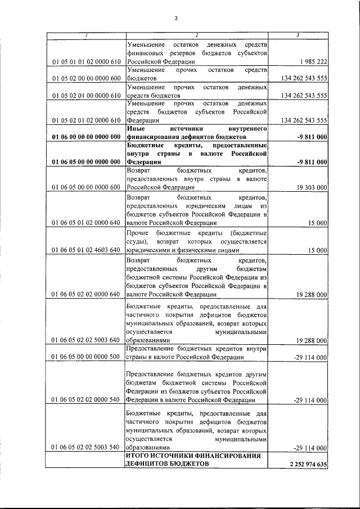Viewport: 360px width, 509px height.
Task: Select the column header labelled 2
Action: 197,37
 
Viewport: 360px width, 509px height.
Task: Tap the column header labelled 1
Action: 85,37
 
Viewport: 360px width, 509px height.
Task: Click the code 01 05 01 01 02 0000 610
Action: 86,61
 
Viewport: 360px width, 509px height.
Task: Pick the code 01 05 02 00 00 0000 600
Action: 86,78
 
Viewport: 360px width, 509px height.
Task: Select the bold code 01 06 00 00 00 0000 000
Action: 86,137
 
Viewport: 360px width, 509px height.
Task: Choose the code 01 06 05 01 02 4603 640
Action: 86,250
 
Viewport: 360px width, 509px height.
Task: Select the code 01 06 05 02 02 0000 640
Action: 86,294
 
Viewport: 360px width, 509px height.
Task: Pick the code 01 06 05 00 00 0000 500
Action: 86,357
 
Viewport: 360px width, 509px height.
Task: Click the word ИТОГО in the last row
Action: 138,456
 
